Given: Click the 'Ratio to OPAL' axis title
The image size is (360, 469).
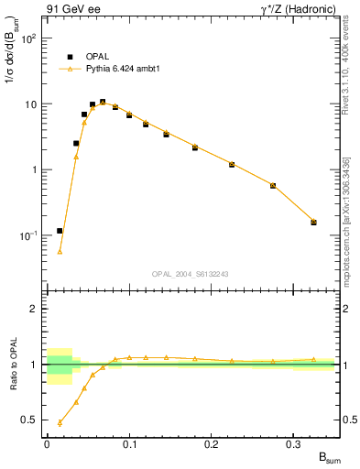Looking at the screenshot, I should pyautogui.click(x=12, y=365).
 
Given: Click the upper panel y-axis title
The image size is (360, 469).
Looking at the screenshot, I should pyautogui.click(x=12, y=60).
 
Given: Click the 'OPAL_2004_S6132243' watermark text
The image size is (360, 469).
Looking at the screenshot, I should pyautogui.click(x=191, y=273).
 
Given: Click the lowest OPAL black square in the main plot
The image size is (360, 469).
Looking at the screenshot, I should pyautogui.click(x=60, y=231).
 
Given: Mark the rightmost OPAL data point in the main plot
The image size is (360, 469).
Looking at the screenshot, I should pyautogui.click(x=313, y=222).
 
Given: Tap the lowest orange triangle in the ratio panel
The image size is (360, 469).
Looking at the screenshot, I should pyautogui.click(x=60, y=422).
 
